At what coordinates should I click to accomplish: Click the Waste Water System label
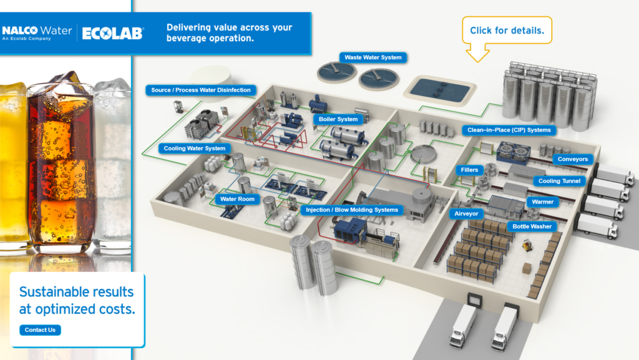(373, 57)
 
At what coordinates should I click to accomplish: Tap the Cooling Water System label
(194, 148)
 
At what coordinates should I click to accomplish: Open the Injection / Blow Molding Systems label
(351, 210)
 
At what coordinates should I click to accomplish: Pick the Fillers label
(469, 170)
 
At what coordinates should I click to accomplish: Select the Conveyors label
(572, 159)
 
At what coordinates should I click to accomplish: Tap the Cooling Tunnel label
(559, 181)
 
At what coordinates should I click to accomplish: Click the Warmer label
(542, 202)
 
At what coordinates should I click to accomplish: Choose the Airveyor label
(465, 213)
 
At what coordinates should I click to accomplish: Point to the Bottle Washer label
(532, 226)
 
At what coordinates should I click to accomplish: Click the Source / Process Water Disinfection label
(200, 90)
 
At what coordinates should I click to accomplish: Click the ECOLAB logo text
(112, 33)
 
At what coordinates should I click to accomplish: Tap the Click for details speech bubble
(507, 30)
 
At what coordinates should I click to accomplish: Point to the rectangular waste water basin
(438, 89)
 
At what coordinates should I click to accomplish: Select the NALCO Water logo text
(37, 30)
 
